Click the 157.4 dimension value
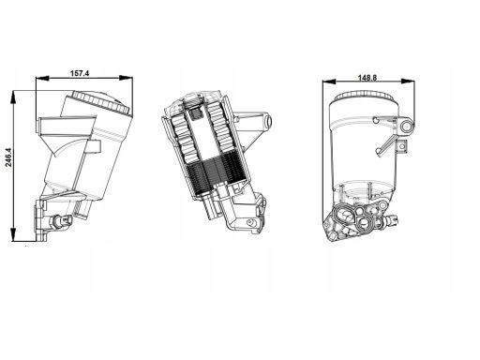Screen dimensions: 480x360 (80, 73)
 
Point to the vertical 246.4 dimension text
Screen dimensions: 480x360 (8, 157)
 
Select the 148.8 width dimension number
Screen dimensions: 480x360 (367, 78)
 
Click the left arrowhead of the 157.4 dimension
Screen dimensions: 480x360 (43, 78)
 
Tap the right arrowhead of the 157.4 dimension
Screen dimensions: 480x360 (126, 78)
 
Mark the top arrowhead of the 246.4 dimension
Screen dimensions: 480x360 (13, 97)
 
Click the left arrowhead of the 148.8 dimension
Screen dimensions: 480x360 (329, 82)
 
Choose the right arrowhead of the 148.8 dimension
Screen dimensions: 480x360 (408, 82)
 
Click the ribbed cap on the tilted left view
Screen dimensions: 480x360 (100, 102)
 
